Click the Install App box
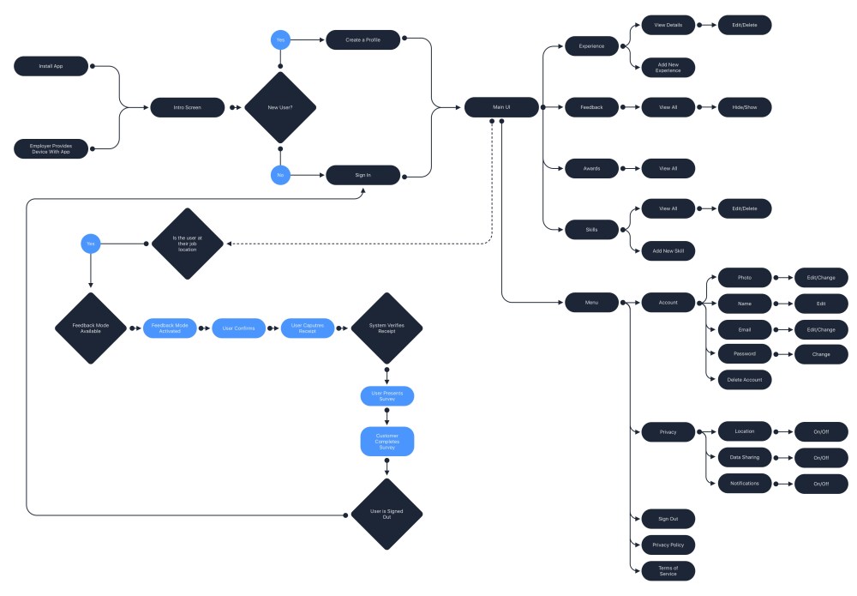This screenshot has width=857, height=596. (51, 66)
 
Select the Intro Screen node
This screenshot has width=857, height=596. (187, 108)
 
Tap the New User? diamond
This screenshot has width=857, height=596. (280, 108)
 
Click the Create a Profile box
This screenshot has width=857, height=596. (363, 39)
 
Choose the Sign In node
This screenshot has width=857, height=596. (363, 175)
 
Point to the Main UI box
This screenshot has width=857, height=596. (501, 107)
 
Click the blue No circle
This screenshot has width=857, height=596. (279, 175)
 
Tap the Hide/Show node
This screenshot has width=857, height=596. (745, 107)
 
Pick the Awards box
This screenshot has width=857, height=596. (591, 168)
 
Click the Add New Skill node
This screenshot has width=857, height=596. (668, 250)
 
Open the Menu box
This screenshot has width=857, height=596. (591, 302)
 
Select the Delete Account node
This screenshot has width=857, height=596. (745, 379)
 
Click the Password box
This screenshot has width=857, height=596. (745, 353)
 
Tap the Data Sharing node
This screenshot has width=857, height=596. (745, 457)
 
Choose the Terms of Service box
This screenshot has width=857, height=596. (668, 571)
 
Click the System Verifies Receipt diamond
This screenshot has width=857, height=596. (387, 328)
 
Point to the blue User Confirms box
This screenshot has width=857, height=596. (239, 328)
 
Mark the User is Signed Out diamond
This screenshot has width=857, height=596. (387, 515)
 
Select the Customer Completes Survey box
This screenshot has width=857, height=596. (387, 442)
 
